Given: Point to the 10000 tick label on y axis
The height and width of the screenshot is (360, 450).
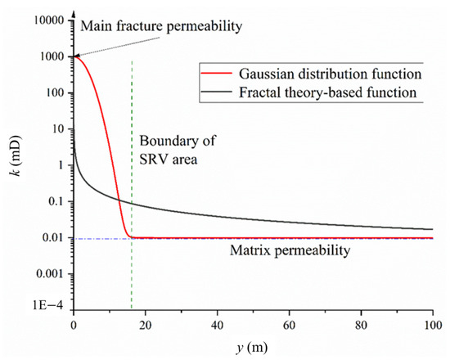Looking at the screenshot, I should coord(50,20).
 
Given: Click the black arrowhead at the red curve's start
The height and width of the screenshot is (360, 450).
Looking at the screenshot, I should coord(76,56).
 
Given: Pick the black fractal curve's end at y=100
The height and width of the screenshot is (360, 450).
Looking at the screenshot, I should coord(432,229).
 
